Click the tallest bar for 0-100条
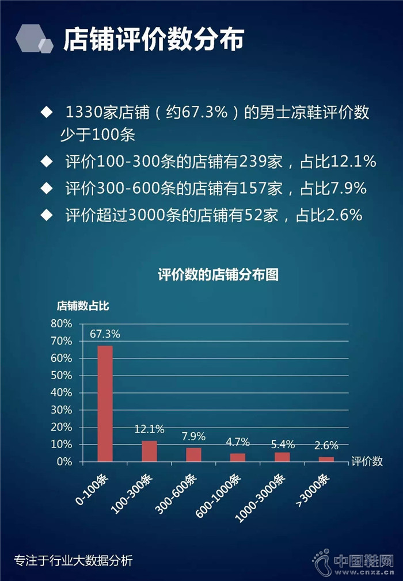105,403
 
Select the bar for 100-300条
149,451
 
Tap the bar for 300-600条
193,454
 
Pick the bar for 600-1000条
238,457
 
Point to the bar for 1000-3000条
282,457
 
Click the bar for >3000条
326,459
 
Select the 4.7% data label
237,442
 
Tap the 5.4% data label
282,444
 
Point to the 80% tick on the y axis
62,324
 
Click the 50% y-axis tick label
62,376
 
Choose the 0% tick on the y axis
64,462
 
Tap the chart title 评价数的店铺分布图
218,275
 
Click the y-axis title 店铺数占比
82,306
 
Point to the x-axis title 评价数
367,462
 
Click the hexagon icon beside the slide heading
34,39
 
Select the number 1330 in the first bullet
85,113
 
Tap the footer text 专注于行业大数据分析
73,560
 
